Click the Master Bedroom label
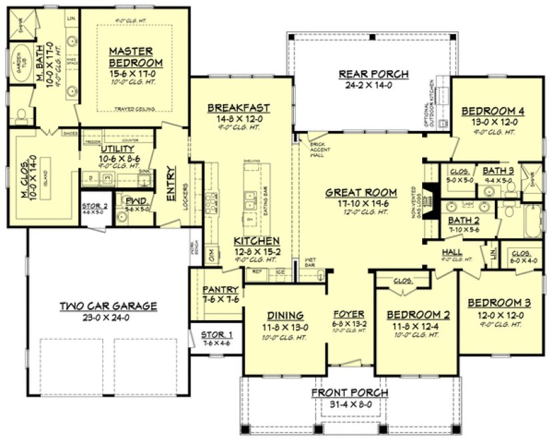[x=132, y=57]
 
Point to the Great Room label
[x=361, y=193]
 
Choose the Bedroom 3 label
[x=496, y=302]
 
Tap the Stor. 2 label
[x=95, y=206]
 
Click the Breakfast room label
[x=238, y=107]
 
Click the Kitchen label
[x=256, y=241]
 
